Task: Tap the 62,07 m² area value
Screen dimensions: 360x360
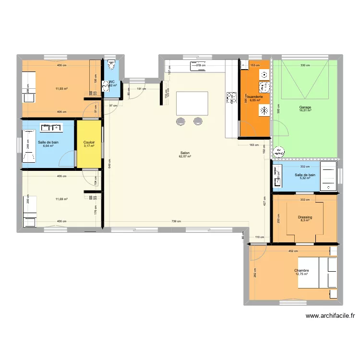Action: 185,156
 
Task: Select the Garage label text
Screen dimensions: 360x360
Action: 305,107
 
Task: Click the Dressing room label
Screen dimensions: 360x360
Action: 305,217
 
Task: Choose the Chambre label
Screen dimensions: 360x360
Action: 301,270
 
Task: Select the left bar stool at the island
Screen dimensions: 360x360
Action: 181,121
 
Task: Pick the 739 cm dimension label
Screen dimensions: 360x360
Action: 176,222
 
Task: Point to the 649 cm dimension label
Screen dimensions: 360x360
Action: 110,166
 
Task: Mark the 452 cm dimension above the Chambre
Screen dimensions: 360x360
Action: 293,251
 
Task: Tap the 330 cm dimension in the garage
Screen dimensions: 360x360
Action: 305,65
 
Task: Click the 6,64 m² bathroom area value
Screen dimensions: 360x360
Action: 48,146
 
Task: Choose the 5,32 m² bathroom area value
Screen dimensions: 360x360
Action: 305,179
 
